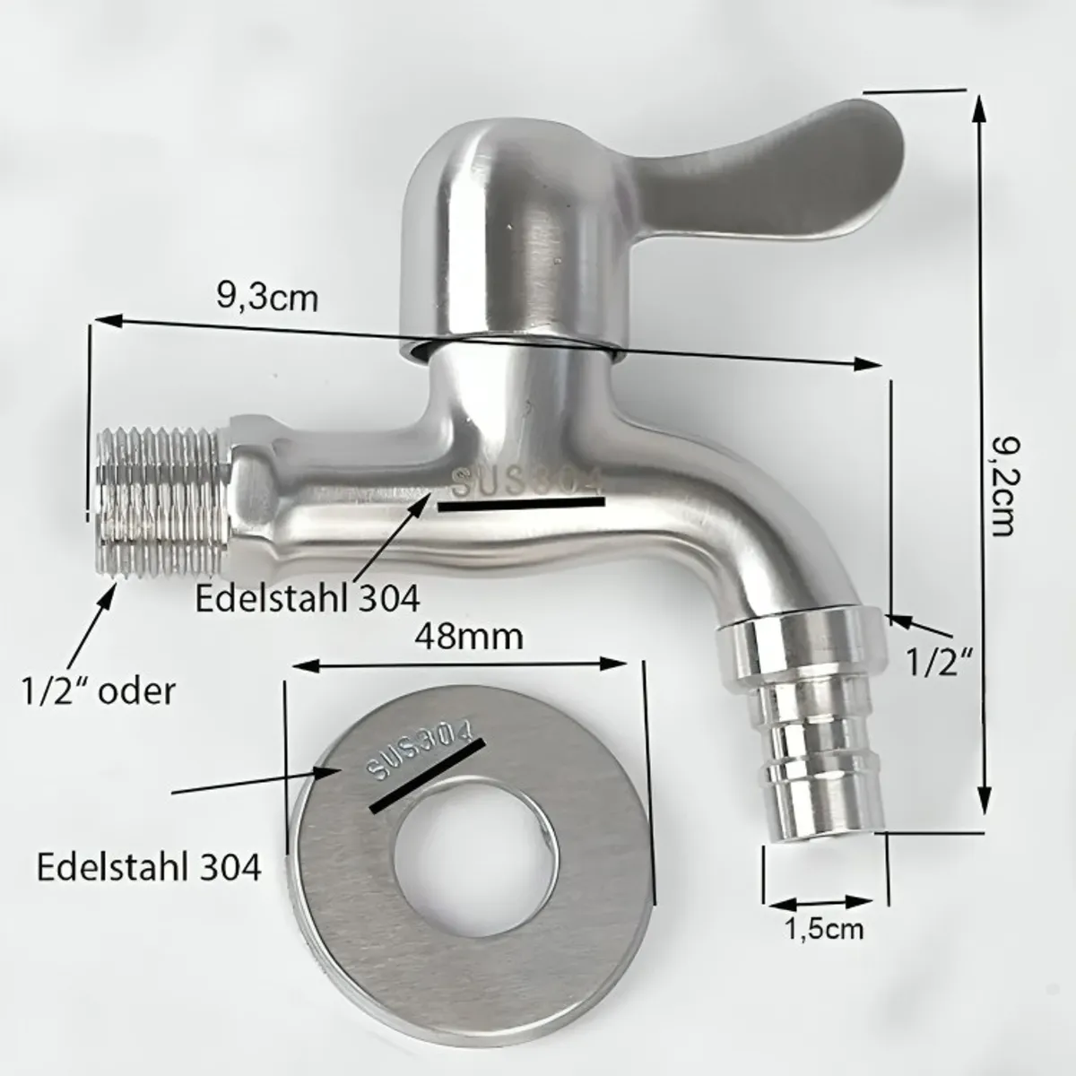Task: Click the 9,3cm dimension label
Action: point(267,295)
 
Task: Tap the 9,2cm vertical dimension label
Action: point(1003,485)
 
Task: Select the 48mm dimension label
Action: point(468,637)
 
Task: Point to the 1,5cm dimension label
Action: point(824,928)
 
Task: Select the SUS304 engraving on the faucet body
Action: point(525,482)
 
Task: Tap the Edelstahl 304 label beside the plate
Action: point(149,867)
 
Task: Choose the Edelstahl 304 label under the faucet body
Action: point(308,597)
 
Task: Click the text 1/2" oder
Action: point(98,690)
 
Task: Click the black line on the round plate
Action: point(427,777)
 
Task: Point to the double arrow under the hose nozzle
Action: point(818,903)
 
